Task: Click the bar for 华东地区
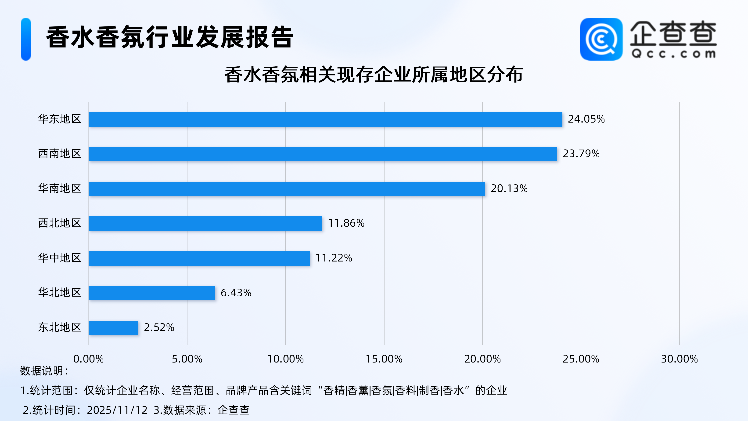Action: [x=325, y=120]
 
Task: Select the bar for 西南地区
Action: [x=323, y=154]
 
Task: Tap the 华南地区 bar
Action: [x=287, y=189]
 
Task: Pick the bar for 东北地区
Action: [x=113, y=328]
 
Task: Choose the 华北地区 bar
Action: [x=152, y=293]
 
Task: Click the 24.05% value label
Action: [x=586, y=119]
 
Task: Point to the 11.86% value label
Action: [x=346, y=223]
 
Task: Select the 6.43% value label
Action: [x=236, y=293]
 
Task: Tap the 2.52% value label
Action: [x=159, y=327]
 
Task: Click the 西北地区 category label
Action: [x=60, y=223]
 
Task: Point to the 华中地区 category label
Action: [x=60, y=258]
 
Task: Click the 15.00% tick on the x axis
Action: [x=384, y=359]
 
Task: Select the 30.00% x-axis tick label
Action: [x=679, y=359]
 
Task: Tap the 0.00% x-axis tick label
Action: [x=88, y=359]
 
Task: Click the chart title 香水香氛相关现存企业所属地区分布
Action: [x=374, y=75]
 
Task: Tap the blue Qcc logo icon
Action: [x=601, y=39]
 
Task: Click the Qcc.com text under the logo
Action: [x=673, y=54]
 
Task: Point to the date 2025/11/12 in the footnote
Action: [x=117, y=410]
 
